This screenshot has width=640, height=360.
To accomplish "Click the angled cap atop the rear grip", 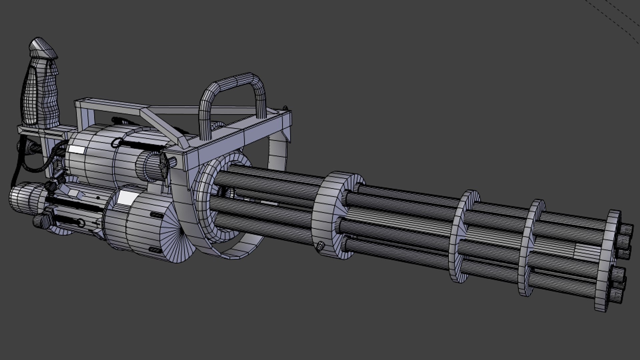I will tap(42, 47).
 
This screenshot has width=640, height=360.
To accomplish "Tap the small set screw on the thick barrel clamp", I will tap(321, 246).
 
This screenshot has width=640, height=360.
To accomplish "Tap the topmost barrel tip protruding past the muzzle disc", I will tap(627, 230).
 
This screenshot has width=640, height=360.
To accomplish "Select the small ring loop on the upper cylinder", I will tap(116, 143).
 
